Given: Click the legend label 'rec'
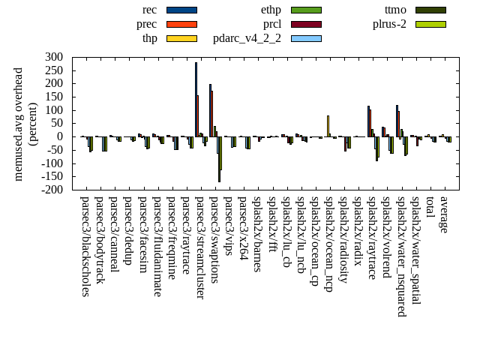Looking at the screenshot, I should pos(150,10).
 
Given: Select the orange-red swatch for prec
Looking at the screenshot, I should pos(181,24).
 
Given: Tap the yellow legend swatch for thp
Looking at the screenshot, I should pos(181,38).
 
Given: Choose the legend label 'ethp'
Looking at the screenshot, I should pos(271,10).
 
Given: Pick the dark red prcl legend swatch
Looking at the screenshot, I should pos(306,24).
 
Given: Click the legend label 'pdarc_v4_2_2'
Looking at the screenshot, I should pos(247,38).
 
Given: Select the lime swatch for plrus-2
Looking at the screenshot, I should pos(430,24).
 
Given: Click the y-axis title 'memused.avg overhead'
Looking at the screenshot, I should pos(19,124).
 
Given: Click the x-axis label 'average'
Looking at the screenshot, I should pos(443,215).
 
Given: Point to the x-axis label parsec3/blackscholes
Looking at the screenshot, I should pos(85,246).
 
